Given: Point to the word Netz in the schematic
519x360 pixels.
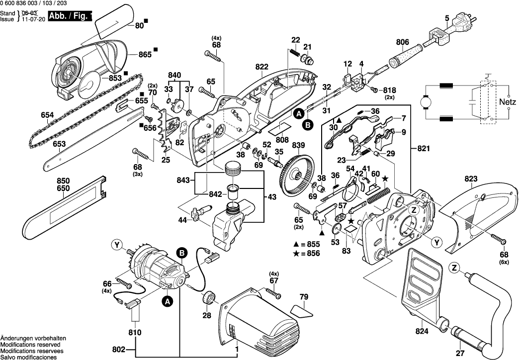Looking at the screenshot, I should coord(508,101).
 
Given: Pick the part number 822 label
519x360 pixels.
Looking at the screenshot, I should coord(262,67).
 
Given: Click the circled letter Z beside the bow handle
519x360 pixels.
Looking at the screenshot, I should coord(453,268).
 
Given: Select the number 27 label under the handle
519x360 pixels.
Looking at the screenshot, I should coord(459,354).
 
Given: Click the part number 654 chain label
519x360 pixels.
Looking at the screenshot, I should coord(47,115).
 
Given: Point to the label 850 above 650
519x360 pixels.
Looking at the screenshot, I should coord(63,180).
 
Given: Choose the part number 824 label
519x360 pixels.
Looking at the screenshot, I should coord(422,330).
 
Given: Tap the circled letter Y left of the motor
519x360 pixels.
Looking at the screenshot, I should coord(117,244).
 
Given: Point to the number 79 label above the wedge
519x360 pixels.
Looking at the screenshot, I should coord(304,298).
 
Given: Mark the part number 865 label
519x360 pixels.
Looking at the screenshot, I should coord(145,55).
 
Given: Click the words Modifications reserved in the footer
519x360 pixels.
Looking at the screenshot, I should coord(30,344).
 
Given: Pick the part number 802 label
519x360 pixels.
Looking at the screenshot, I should coord(118,350).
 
